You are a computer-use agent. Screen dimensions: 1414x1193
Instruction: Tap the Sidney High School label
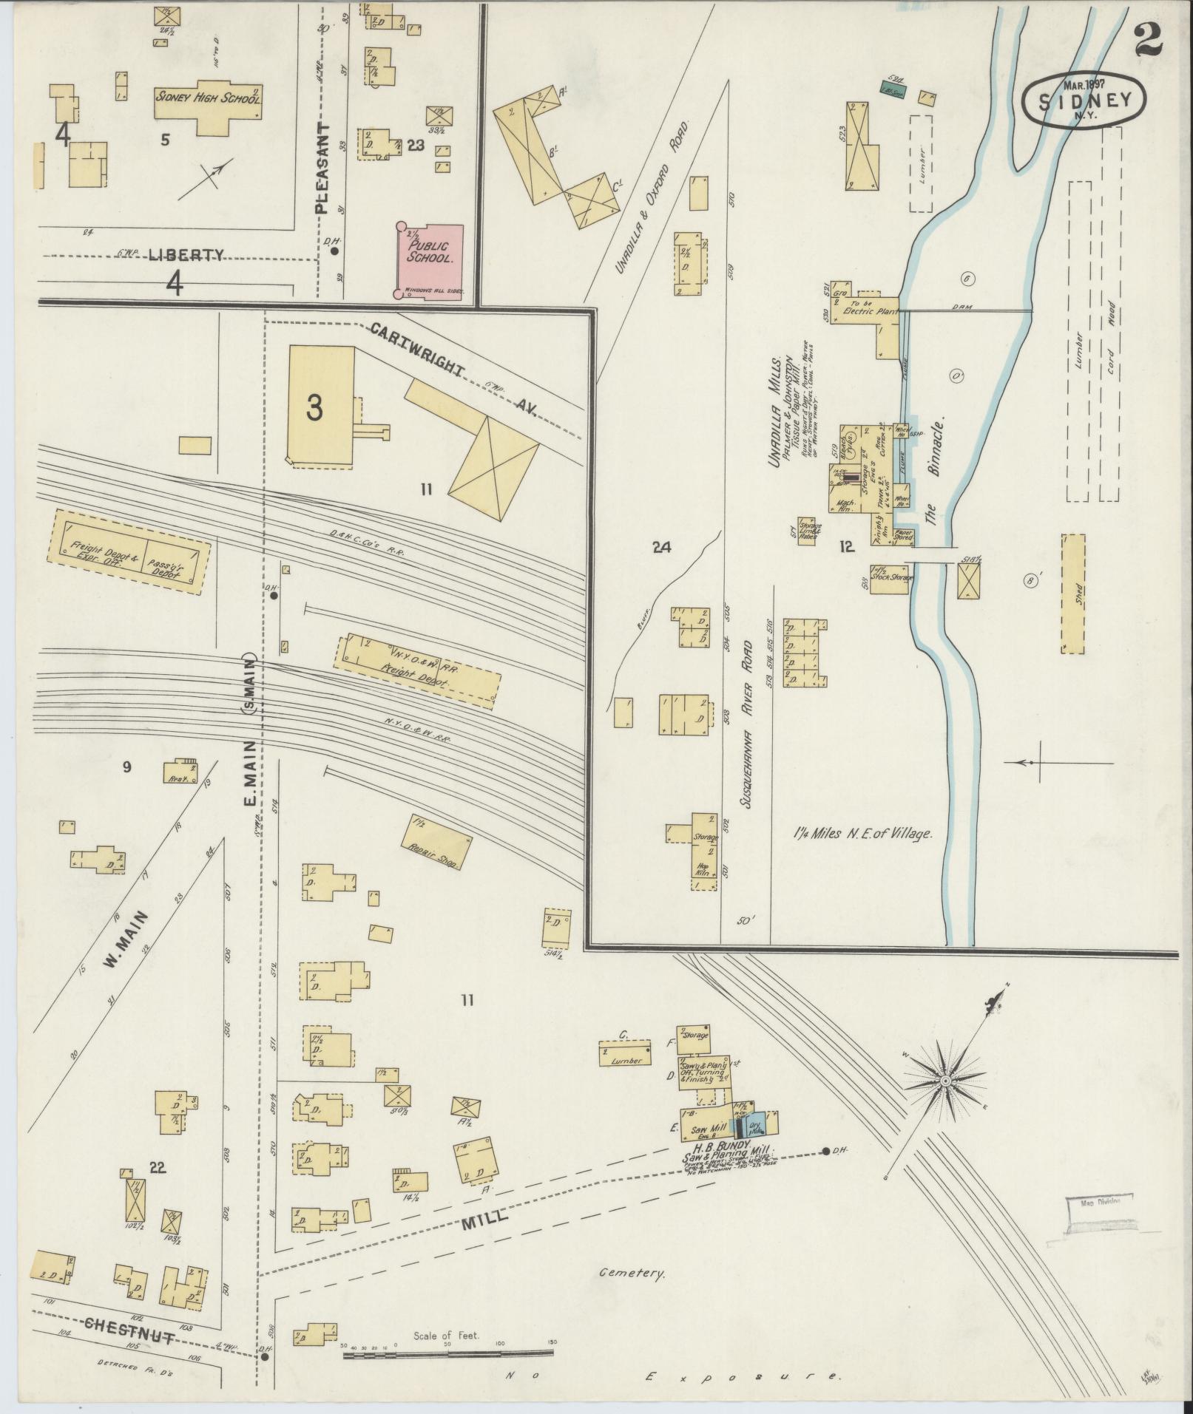tap(208, 96)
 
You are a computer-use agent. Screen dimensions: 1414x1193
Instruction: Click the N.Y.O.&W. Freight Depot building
tap(417, 670)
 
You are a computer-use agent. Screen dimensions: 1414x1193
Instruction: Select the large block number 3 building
tap(321, 407)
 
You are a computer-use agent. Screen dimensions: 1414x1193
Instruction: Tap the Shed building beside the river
tap(1073, 594)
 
